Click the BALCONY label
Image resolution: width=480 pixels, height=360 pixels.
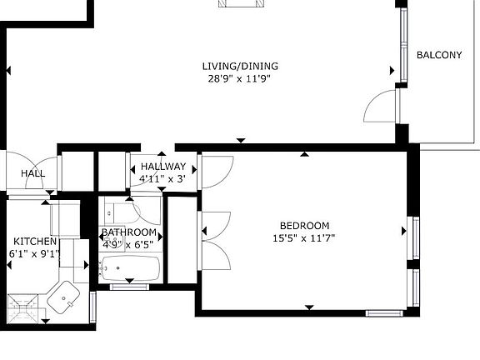tap(438, 56)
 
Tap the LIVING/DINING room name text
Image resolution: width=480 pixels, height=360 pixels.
tap(240, 67)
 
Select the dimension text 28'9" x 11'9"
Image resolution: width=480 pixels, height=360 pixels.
tap(240, 79)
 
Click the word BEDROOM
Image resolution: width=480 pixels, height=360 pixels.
tap(304, 226)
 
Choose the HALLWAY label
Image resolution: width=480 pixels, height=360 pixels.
tap(162, 167)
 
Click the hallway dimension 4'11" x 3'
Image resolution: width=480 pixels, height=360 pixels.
tap(162, 178)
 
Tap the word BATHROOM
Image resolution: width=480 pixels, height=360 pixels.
tap(129, 232)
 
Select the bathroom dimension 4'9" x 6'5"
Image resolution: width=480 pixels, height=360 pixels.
tap(129, 245)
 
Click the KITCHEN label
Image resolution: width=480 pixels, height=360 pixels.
tap(35, 242)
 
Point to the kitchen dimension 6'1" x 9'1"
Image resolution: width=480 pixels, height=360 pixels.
tap(35, 253)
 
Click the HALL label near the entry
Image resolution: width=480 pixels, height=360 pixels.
tap(33, 173)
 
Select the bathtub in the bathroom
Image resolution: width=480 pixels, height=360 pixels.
tap(130, 268)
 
